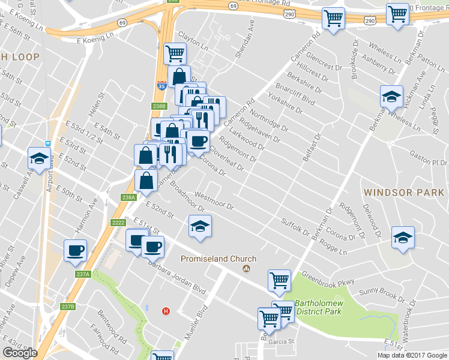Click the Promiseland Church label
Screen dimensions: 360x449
pos(219,259)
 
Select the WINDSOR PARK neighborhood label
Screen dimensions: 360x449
pos(403,193)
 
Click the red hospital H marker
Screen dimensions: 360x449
pos(166,311)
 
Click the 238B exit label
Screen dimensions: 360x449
pos(158,106)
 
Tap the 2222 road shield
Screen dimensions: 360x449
pos(118,223)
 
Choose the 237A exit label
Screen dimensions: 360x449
pos(83,274)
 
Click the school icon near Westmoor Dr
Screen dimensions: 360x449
pos(200,226)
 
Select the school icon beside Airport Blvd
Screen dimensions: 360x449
pos(39,159)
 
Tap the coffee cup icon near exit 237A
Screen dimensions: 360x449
pos(75,250)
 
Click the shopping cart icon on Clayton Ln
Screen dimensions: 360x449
pos(175,53)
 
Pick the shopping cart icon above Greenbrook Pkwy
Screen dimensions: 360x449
pos(279,280)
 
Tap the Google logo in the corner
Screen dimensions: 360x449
pos(19,353)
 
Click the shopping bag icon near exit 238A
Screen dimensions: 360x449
pos(146,180)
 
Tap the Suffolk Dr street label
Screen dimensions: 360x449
pos(296,227)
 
